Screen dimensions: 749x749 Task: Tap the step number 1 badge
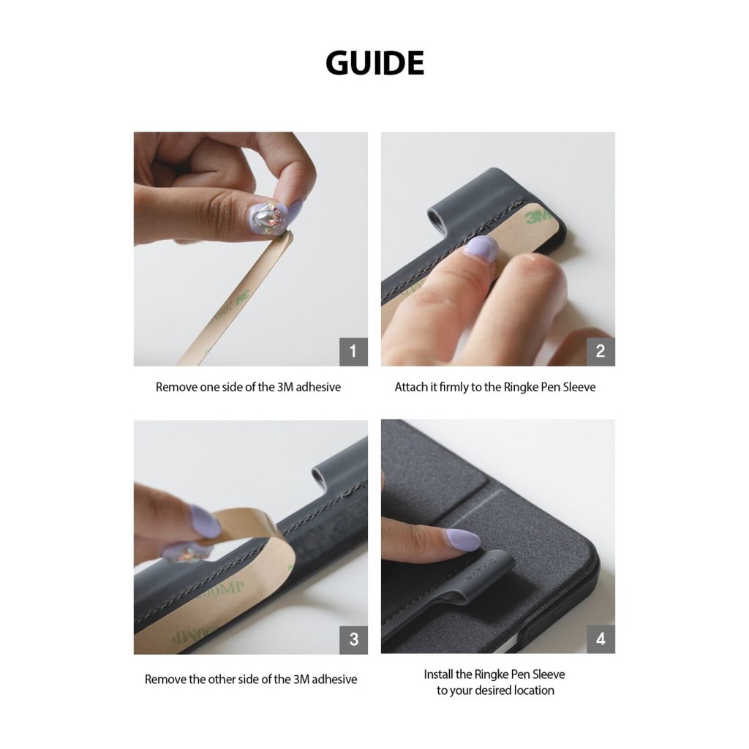(353, 352)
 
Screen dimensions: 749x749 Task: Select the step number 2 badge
(601, 352)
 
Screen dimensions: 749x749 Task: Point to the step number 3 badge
(353, 639)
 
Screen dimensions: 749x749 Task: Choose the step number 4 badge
(601, 639)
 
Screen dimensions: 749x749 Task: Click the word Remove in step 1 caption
(176, 387)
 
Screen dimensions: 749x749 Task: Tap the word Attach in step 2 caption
(410, 387)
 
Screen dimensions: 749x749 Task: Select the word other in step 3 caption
(223, 680)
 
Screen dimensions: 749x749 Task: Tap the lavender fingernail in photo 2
(481, 249)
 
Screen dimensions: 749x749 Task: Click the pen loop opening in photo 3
(320, 477)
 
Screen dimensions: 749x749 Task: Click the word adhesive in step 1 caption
(318, 387)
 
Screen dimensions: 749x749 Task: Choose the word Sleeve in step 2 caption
(579, 387)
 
